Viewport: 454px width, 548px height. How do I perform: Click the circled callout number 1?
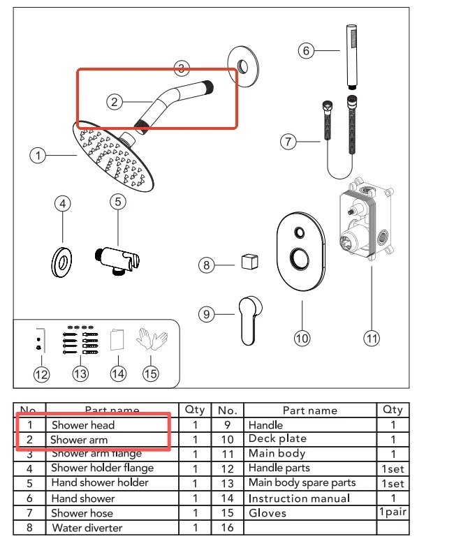click(38, 155)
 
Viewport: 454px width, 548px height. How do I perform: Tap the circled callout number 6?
click(305, 50)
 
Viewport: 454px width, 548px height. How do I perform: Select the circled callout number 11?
click(372, 338)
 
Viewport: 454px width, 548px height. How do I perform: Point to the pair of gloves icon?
click(152, 340)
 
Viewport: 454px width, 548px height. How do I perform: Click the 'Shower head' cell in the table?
click(82, 424)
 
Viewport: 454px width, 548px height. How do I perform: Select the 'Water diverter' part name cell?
click(87, 528)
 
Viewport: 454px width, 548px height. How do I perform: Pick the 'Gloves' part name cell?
click(268, 512)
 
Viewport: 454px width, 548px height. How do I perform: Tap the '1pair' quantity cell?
click(393, 512)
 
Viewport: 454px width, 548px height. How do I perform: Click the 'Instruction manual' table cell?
click(299, 498)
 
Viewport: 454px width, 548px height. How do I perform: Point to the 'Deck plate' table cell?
click(277, 439)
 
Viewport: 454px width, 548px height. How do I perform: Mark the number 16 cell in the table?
click(226, 528)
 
